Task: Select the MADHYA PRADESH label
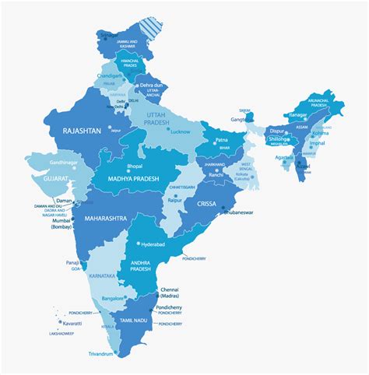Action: pos(128,179)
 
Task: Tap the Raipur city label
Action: pos(175,200)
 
